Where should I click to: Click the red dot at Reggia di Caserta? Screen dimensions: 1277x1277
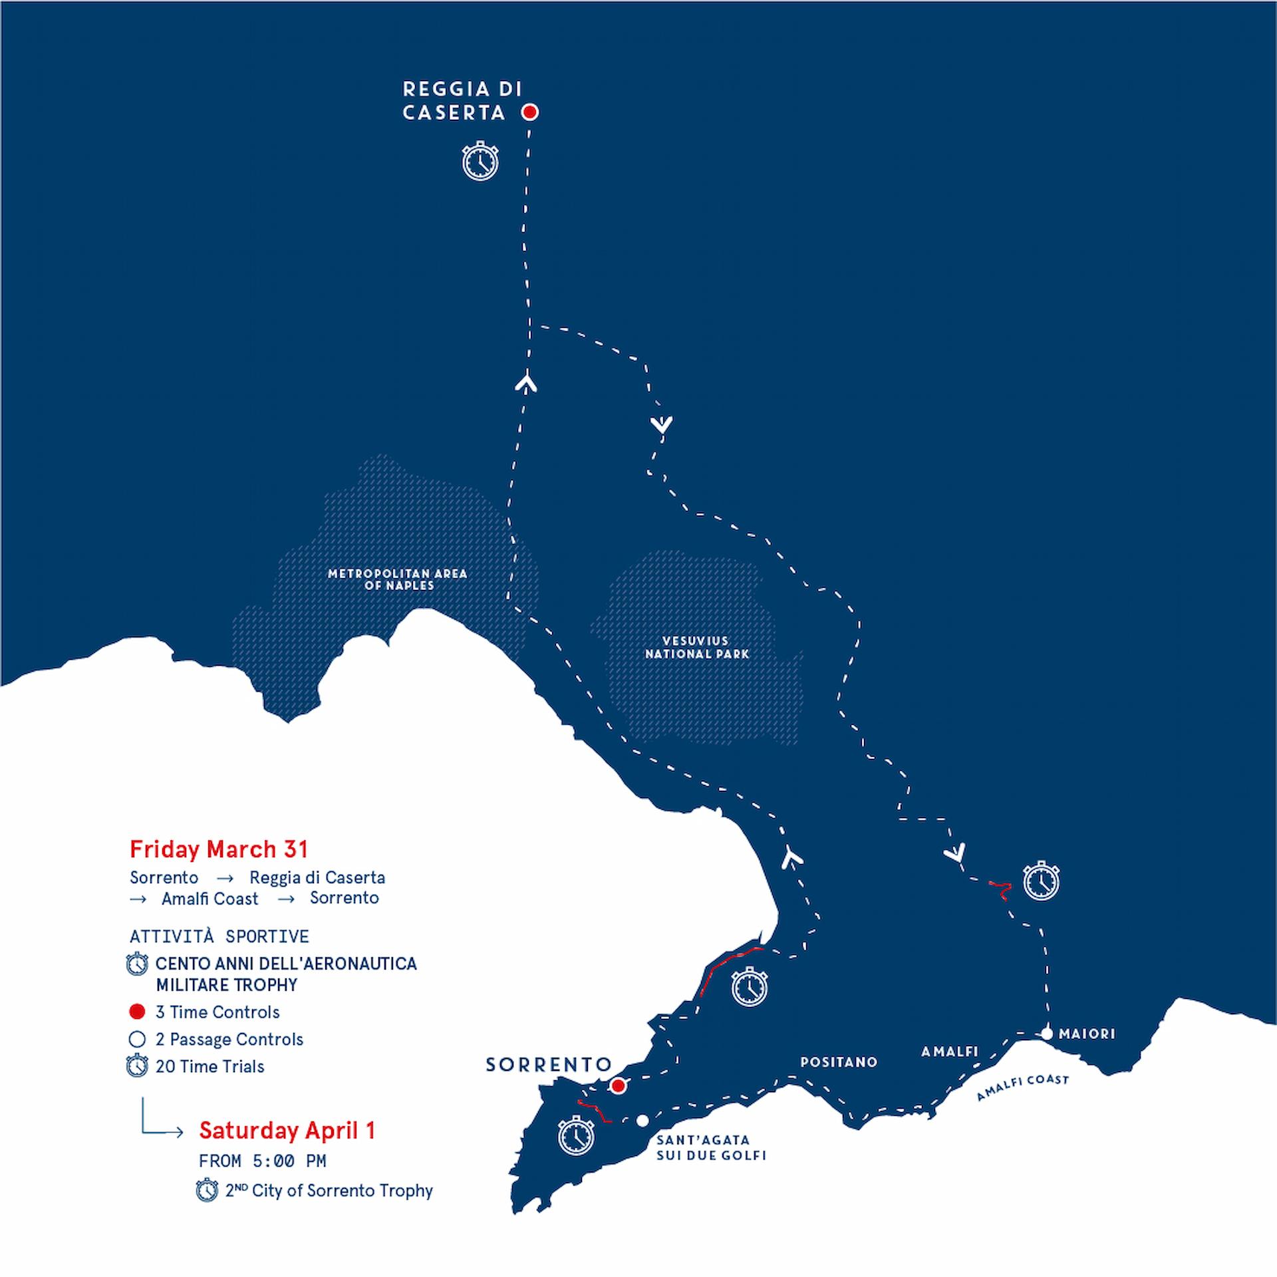pyautogui.click(x=529, y=112)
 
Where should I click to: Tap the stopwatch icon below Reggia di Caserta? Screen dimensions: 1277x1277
pyautogui.click(x=480, y=161)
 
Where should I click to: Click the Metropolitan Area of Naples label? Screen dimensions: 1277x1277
pyautogui.click(x=398, y=579)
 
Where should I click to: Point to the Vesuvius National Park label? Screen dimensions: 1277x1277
pyautogui.click(x=696, y=647)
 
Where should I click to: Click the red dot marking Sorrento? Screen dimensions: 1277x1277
pyautogui.click(x=618, y=1086)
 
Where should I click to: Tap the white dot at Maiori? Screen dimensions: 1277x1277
pyautogui.click(x=1047, y=1034)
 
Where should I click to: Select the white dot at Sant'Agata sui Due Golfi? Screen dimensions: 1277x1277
pyautogui.click(x=642, y=1121)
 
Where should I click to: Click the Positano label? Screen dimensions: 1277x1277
pyautogui.click(x=839, y=1062)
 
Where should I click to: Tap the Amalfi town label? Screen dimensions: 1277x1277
pyautogui.click(x=950, y=1052)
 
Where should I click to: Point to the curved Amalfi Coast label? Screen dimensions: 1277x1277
pyautogui.click(x=1022, y=1087)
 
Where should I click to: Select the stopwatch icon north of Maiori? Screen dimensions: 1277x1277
pyautogui.click(x=1041, y=881)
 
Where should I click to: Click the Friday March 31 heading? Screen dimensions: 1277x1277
pyautogui.click(x=219, y=849)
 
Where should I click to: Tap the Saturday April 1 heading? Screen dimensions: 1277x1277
pyautogui.click(x=287, y=1130)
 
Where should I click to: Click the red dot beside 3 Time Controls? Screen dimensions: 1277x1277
pyautogui.click(x=137, y=1012)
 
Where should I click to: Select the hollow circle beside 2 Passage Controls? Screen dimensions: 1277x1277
pyautogui.click(x=137, y=1039)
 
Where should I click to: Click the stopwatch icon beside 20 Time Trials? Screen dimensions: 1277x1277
pyautogui.click(x=137, y=1066)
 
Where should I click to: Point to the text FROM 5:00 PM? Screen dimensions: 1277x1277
pyautogui.click(x=262, y=1161)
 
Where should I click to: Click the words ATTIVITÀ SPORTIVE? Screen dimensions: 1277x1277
pyautogui.click(x=219, y=936)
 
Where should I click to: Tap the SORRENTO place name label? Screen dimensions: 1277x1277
pyautogui.click(x=548, y=1065)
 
